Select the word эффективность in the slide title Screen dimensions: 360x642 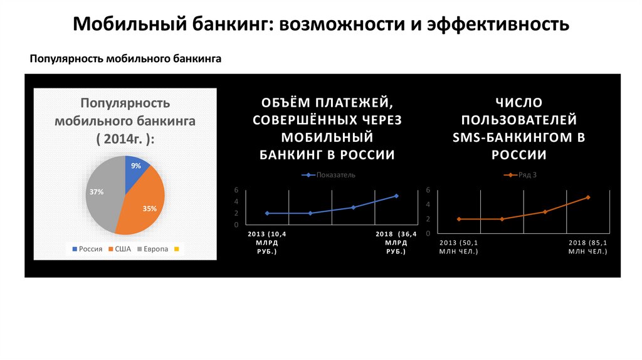(498, 24)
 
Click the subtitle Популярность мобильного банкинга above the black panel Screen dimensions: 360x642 (126, 59)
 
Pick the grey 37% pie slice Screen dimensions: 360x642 (102, 191)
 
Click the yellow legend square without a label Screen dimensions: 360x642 (177, 250)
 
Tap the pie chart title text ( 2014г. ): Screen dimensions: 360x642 (124, 139)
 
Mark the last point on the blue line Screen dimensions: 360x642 (396, 196)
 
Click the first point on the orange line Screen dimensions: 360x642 (459, 219)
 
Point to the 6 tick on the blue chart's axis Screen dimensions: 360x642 (236, 189)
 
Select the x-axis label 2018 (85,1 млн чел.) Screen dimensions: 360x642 (587, 246)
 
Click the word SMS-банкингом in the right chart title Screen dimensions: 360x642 (518, 137)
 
